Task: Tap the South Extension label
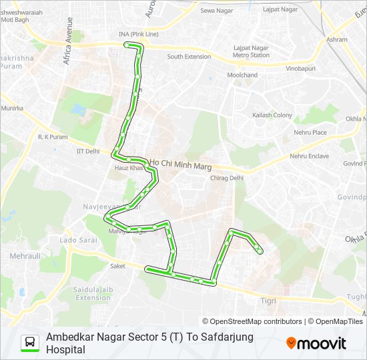189,57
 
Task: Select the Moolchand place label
242,75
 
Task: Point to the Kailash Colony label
272,115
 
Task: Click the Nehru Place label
310,132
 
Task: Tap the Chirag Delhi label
227,178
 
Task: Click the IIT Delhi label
87,151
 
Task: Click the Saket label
117,265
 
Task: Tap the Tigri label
268,301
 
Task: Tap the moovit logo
316,343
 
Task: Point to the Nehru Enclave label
309,156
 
